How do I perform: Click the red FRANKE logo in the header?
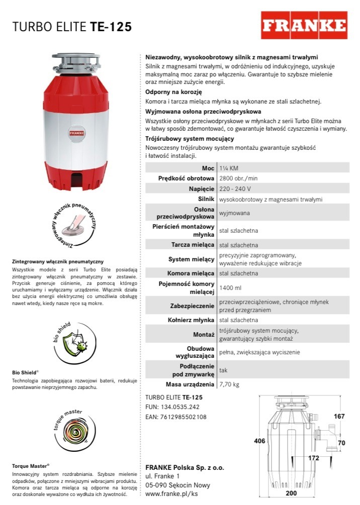[x=304, y=25]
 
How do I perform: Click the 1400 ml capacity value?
[x=231, y=288]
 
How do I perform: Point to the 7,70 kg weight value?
[x=230, y=384]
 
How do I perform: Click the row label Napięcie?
[x=201, y=189]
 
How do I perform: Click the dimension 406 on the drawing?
[x=259, y=441]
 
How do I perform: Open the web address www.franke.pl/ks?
[x=171, y=494]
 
